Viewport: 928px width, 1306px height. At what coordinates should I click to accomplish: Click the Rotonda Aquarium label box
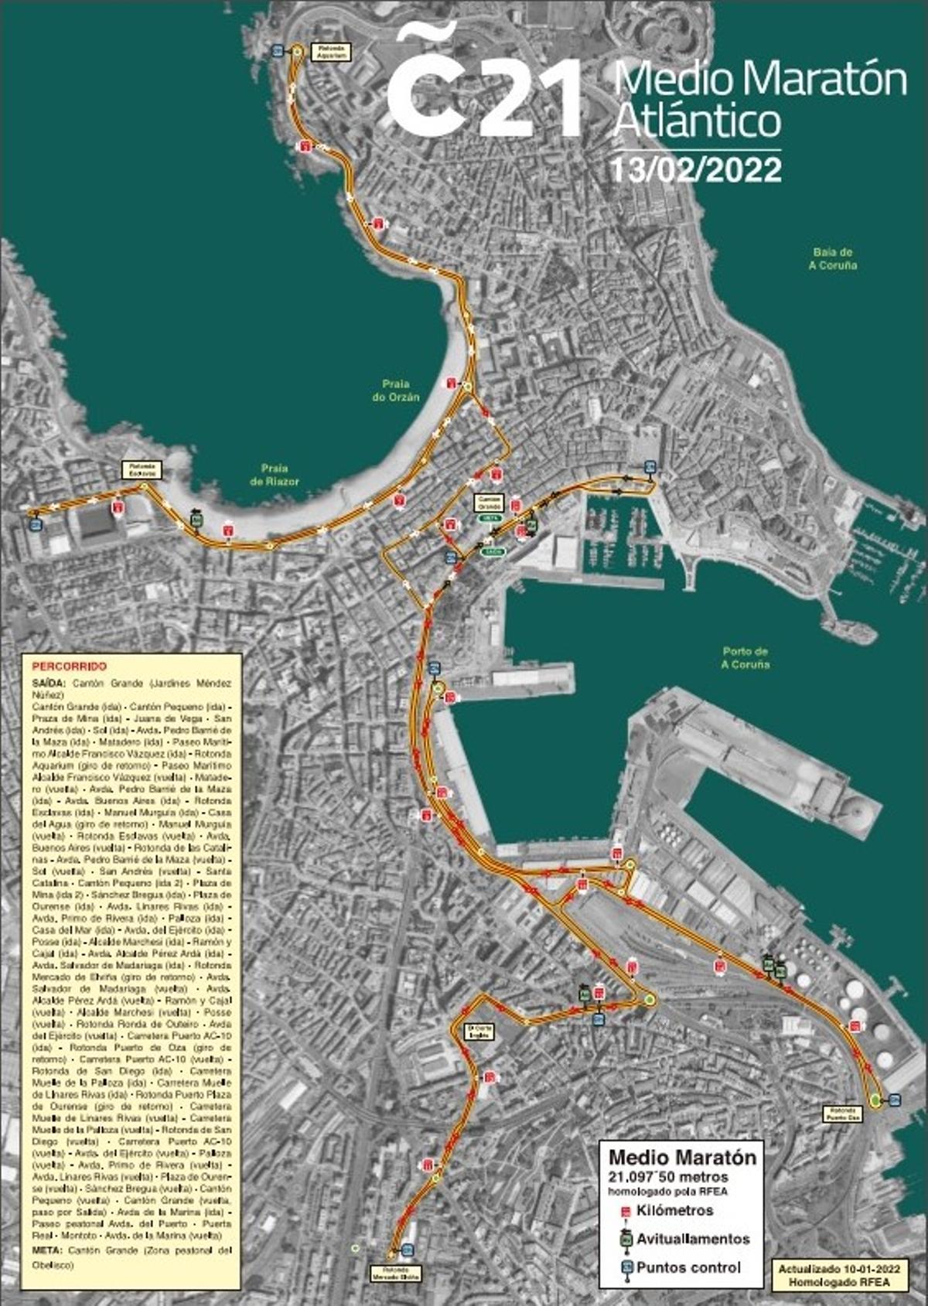(x=330, y=52)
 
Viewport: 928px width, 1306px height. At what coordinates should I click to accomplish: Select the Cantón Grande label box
(x=490, y=502)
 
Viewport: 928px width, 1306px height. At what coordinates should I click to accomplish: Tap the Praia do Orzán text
(x=400, y=390)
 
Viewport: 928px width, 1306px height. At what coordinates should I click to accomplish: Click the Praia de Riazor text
(x=275, y=475)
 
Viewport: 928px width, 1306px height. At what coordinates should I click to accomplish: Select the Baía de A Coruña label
(x=832, y=258)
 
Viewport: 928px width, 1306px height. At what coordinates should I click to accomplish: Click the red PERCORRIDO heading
(x=69, y=666)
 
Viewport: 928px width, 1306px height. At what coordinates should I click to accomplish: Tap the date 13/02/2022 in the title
(x=696, y=169)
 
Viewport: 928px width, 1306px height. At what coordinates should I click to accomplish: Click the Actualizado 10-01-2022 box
(x=838, y=1275)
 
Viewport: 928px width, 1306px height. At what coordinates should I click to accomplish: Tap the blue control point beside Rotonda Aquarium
(x=278, y=51)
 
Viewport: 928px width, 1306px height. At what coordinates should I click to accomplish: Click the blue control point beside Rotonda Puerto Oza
(x=895, y=1099)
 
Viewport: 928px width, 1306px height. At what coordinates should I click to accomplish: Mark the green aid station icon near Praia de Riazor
(x=196, y=519)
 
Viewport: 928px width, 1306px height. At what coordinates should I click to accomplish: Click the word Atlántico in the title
(x=697, y=121)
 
